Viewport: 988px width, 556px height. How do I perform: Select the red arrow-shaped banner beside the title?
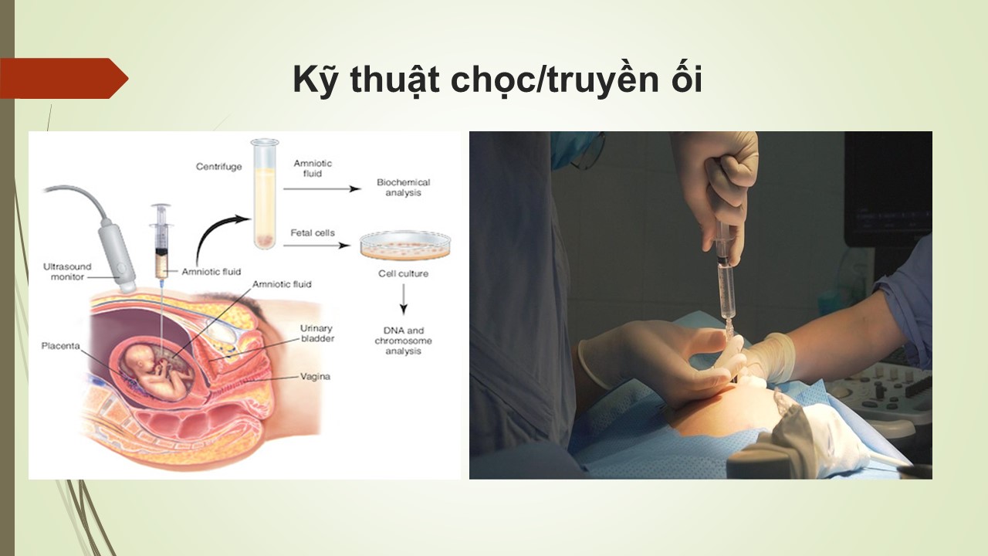click(64, 78)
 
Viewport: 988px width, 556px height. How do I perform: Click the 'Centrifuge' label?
click(218, 167)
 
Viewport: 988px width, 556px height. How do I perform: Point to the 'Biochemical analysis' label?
click(403, 188)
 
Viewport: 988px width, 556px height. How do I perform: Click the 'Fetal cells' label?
click(313, 232)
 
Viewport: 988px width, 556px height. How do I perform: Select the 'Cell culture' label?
click(403, 273)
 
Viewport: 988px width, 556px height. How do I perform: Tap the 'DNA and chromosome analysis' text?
click(403, 341)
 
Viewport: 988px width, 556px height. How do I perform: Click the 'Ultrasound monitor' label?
click(67, 272)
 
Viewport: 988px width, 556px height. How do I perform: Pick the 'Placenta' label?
click(60, 346)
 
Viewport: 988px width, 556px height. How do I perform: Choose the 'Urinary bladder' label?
click(317, 334)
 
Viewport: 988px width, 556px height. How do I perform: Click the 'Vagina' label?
click(315, 376)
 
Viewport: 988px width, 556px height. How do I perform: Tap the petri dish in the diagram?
click(405, 245)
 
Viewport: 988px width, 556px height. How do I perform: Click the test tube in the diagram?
click(265, 194)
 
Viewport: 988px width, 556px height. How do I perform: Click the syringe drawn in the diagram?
click(161, 242)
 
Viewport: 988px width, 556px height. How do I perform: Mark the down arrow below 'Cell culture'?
click(403, 299)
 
